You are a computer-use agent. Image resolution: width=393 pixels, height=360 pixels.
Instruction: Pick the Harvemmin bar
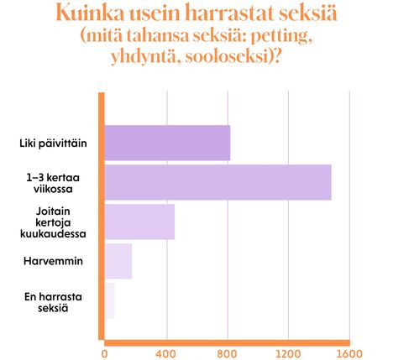tap(118, 261)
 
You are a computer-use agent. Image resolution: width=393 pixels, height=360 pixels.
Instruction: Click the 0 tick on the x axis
tap(105, 353)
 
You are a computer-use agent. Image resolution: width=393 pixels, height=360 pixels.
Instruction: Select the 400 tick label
tap(166, 353)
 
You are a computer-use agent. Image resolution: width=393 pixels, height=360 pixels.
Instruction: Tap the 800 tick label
tap(228, 353)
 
